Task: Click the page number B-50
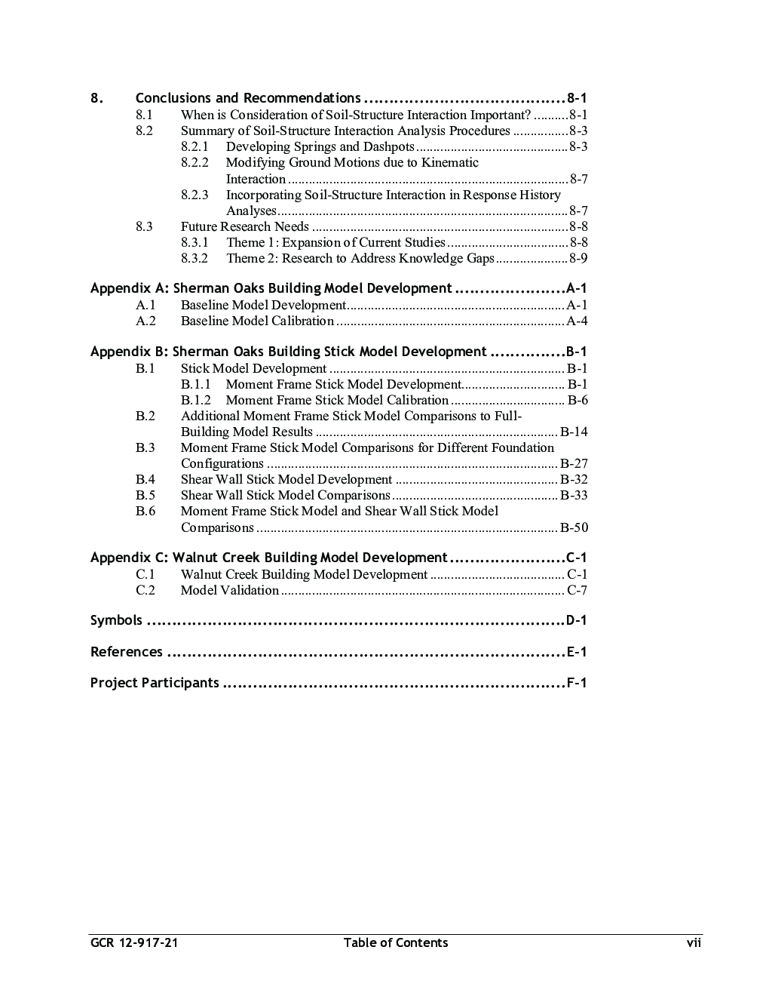(x=574, y=527)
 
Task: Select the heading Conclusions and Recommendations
(x=247, y=98)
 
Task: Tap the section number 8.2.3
(x=195, y=195)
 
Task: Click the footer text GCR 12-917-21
(x=134, y=942)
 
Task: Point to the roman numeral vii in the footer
(x=693, y=942)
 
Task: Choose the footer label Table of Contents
(x=395, y=942)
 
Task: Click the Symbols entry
(x=116, y=620)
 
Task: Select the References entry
(x=127, y=652)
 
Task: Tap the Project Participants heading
(x=155, y=683)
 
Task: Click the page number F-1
(x=577, y=683)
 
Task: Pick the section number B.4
(x=146, y=479)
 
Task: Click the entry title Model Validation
(x=229, y=590)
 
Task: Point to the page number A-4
(x=577, y=321)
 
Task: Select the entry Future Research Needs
(x=244, y=226)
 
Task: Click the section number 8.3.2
(x=195, y=258)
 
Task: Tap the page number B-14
(x=574, y=432)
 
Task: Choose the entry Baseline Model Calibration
(x=257, y=321)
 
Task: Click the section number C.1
(x=146, y=574)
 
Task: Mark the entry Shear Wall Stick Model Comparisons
(x=285, y=495)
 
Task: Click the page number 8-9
(x=578, y=258)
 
